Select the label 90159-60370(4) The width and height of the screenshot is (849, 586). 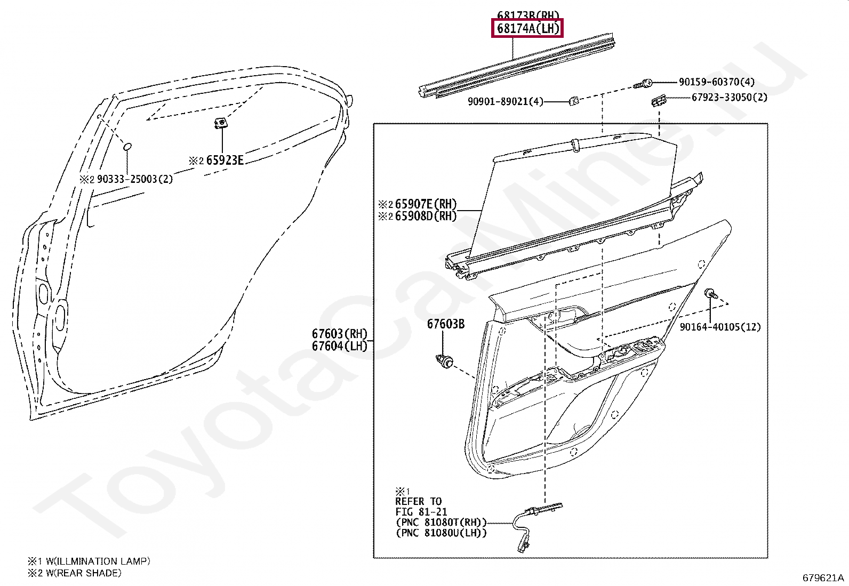716,82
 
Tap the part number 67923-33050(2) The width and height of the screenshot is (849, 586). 729,97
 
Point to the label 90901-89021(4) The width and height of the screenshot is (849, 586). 505,101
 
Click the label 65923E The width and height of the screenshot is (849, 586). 225,160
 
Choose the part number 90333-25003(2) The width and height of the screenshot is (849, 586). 134,179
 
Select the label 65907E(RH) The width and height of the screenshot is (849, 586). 426,204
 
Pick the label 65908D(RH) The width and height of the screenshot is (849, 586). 426,216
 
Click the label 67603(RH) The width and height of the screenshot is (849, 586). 340,334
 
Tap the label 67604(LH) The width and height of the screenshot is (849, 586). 340,346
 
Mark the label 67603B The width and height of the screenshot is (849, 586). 445,324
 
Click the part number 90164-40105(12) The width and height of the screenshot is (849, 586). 720,327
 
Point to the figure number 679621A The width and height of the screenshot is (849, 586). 823,577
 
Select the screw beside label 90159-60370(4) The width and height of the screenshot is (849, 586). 644,84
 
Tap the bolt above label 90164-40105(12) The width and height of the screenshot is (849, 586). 710,293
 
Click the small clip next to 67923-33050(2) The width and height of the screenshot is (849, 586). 658,100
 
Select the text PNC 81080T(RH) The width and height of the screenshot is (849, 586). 440,523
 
